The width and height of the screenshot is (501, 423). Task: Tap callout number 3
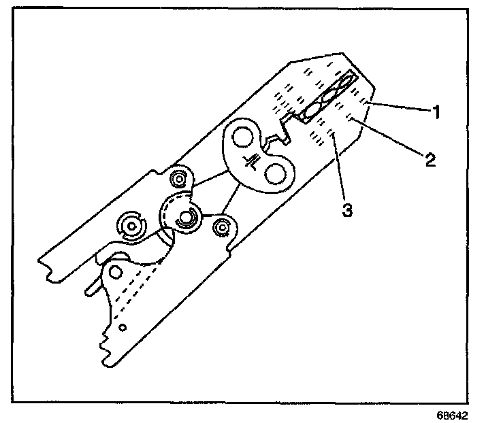click(347, 211)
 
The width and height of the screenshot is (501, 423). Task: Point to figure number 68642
click(453, 413)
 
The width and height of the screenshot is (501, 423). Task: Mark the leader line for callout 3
click(338, 170)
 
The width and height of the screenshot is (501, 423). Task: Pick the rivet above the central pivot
click(179, 180)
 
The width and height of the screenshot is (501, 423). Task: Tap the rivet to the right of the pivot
click(221, 228)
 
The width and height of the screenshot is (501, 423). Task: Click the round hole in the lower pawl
click(116, 272)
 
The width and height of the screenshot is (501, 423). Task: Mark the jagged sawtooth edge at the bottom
click(107, 343)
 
